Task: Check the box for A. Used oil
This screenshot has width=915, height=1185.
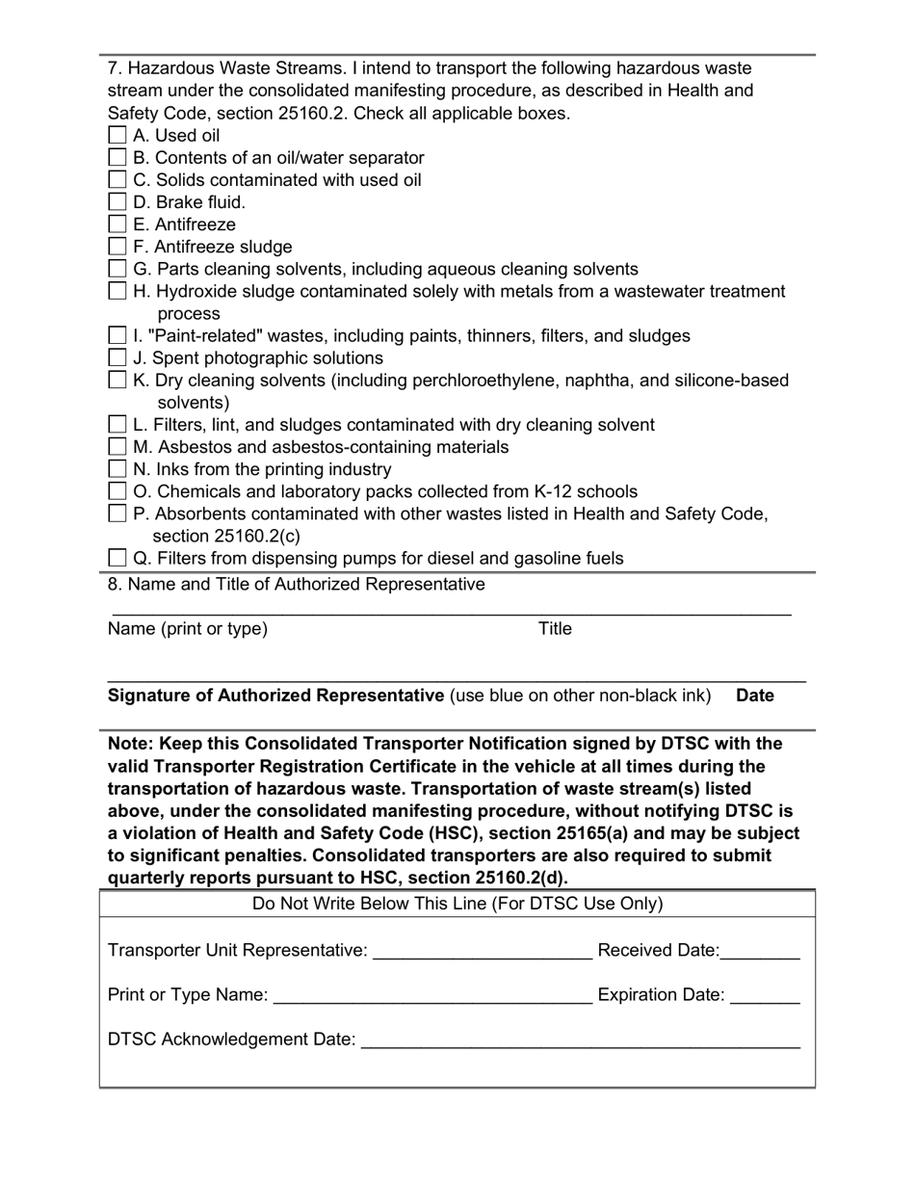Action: (x=118, y=135)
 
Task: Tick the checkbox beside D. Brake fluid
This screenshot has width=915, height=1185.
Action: (x=118, y=202)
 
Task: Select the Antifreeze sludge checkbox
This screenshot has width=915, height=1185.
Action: (x=118, y=247)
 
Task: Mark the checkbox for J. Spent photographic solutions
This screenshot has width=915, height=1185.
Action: (x=118, y=358)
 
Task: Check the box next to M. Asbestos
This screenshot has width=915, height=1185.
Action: (x=118, y=447)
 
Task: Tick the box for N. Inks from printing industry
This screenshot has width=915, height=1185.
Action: (x=118, y=469)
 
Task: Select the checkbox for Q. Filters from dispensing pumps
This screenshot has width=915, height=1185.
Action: (x=118, y=558)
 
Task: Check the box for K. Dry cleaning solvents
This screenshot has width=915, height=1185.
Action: (x=118, y=381)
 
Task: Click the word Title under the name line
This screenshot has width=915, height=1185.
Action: (x=555, y=629)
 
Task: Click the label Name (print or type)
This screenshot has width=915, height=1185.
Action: (x=188, y=629)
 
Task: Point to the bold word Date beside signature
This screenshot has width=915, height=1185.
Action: (x=755, y=696)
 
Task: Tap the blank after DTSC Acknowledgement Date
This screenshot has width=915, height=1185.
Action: (x=580, y=1040)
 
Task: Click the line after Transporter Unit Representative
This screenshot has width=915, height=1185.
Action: (x=482, y=952)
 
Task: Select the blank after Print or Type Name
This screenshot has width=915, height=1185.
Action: (x=432, y=996)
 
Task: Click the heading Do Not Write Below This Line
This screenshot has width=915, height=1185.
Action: (x=457, y=904)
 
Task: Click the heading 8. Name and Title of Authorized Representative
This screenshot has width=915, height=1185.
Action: (x=297, y=585)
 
